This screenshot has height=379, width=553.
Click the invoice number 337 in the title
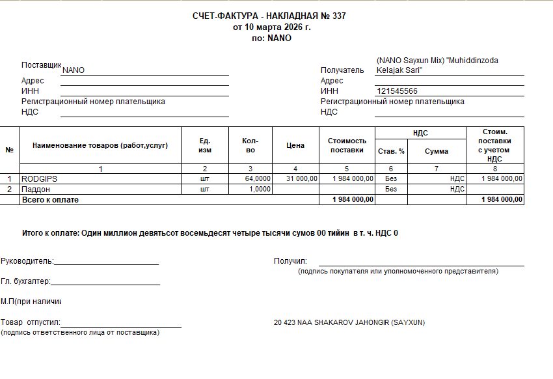[x=339, y=16]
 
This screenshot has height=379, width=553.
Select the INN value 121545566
[x=397, y=91]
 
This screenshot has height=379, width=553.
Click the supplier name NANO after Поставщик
[x=73, y=70]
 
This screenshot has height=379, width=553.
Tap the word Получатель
[x=342, y=70]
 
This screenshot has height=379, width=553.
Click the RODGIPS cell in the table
[x=40, y=178]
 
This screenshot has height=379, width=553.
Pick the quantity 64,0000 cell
[x=258, y=178]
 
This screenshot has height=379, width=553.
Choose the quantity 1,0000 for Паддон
[x=261, y=189]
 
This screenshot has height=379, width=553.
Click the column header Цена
[x=295, y=145]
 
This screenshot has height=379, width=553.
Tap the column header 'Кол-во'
[x=250, y=145]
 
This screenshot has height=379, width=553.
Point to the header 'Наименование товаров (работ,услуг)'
[x=100, y=145]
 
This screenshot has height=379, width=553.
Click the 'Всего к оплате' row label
[x=50, y=200]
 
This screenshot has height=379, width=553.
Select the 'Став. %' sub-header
[x=391, y=151]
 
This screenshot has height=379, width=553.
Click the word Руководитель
[x=27, y=261]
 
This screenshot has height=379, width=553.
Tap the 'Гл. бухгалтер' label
[x=25, y=281]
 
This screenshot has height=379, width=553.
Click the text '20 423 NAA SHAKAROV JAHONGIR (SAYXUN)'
[x=349, y=322]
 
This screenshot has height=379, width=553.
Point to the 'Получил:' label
[x=290, y=261]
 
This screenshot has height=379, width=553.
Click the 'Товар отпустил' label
[x=30, y=322]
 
